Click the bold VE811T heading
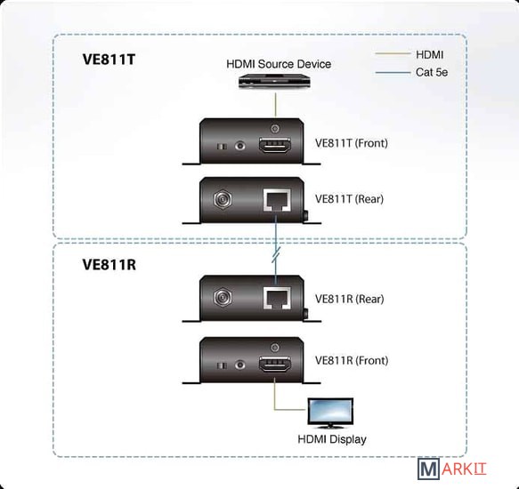[x=109, y=60]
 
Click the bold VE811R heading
[x=109, y=264]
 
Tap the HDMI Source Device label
[x=279, y=64]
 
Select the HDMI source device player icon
[x=274, y=82]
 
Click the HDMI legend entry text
[x=429, y=54]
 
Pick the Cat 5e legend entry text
[x=432, y=72]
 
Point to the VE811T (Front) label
[x=351, y=143]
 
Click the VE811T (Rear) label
[x=349, y=199]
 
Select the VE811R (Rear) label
[x=349, y=299]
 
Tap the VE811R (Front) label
[x=352, y=360]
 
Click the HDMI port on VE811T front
[x=275, y=146]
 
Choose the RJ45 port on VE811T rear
[x=277, y=200]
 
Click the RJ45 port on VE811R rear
[x=277, y=298]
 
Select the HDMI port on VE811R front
[x=275, y=364]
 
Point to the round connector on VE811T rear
[x=223, y=199]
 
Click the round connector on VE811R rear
[x=223, y=297]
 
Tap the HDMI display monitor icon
[x=330, y=413]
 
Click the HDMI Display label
[x=332, y=439]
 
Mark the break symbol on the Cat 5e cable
[x=276, y=254]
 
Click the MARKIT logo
[x=451, y=469]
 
